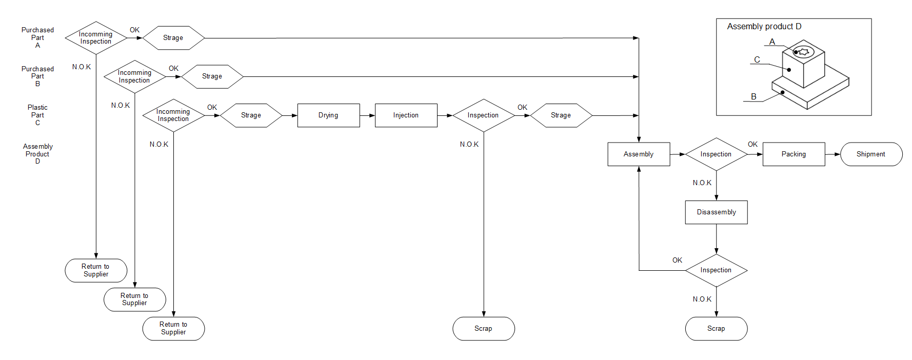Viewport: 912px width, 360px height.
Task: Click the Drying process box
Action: tap(328, 115)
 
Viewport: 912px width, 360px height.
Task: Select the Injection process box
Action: tap(406, 115)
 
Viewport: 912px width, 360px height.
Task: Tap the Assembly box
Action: tap(639, 154)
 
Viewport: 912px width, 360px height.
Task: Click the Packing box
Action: tap(794, 154)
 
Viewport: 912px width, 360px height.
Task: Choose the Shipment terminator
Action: tap(871, 154)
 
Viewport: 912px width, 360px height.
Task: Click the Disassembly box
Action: tap(716, 212)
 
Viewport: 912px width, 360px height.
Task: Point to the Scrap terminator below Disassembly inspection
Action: tap(716, 329)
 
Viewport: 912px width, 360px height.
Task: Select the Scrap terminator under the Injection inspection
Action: tap(483, 329)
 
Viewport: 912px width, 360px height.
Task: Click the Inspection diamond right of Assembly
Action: tap(716, 154)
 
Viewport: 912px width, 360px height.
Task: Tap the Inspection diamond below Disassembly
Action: tap(716, 270)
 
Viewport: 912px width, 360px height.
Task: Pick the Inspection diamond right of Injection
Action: tap(483, 115)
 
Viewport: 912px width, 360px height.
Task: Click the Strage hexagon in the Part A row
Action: tap(173, 38)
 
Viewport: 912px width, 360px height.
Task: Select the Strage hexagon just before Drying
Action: tap(251, 115)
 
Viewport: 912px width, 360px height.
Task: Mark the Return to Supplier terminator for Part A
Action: tap(96, 270)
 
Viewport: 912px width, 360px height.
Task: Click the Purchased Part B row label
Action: tap(37, 76)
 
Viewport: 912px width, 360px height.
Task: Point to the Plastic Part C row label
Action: tap(37, 115)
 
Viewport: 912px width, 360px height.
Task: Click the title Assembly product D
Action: tap(764, 27)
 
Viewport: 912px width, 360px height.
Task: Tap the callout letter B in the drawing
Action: tap(754, 96)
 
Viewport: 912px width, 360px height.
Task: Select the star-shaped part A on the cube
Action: tap(804, 52)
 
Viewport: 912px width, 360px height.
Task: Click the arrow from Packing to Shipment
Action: tap(832, 154)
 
